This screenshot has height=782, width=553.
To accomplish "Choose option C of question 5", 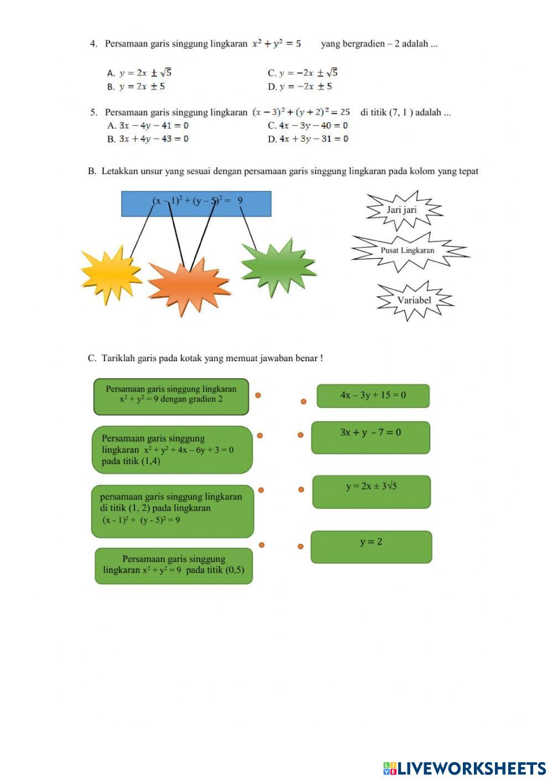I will point(308,126).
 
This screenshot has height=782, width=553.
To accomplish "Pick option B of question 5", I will point(148,139).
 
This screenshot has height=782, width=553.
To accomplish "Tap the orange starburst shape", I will point(188,287).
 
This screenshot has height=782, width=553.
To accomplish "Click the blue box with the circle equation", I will point(196,204).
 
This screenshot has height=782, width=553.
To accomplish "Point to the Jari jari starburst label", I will point(402,210).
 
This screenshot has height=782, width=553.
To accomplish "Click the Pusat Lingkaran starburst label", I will point(408,251).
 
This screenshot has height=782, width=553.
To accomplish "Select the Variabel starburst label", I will point(414,300).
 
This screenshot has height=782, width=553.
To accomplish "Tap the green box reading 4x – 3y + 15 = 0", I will point(373,396).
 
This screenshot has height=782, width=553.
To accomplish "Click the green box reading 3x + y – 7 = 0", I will point(371,437).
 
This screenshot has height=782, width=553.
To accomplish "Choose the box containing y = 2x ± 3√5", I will point(372,492).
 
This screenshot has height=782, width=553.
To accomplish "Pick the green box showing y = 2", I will point(371,547).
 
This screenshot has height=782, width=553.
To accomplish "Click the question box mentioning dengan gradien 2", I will point(171,397).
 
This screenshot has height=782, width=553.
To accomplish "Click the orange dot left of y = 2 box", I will point(300,546).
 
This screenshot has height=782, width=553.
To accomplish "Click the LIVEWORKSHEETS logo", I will point(465,768).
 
